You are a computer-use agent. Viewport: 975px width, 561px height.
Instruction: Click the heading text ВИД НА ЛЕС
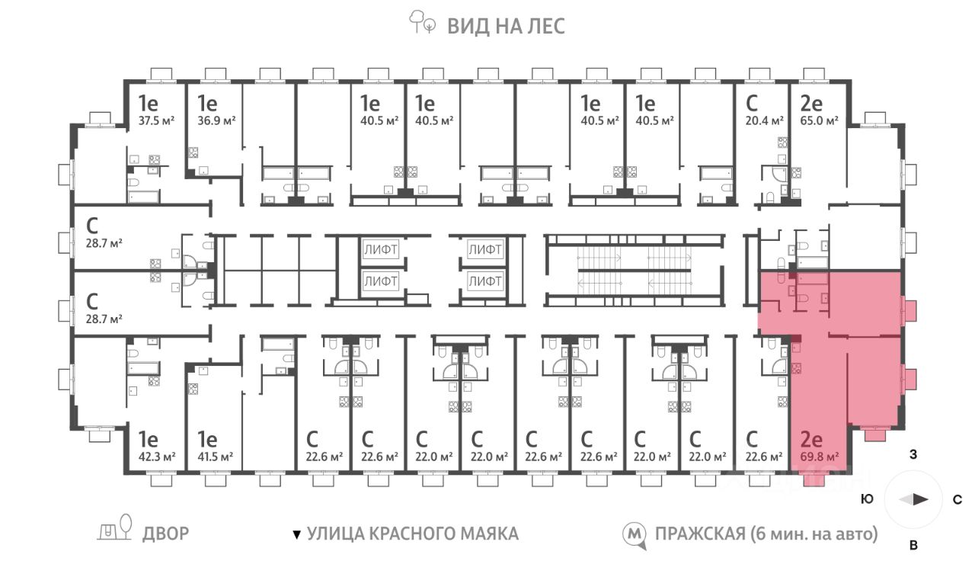(x=507, y=26)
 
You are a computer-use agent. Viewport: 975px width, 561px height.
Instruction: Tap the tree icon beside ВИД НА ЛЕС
(x=421, y=22)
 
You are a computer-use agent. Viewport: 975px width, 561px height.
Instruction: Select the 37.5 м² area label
(x=156, y=120)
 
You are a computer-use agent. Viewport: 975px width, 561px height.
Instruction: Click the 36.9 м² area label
(x=216, y=120)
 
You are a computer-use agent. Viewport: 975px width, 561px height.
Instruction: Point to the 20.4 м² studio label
(x=764, y=120)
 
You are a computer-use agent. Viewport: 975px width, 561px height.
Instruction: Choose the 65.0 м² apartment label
(x=819, y=120)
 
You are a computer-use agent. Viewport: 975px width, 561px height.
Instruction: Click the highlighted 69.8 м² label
(x=820, y=457)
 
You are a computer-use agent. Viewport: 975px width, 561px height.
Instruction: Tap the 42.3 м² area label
(x=157, y=457)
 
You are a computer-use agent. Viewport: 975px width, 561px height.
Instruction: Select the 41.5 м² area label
(x=215, y=457)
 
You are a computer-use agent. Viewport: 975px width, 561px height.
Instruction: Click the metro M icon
(x=635, y=535)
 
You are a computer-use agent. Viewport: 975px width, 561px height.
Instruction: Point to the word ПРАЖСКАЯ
(x=700, y=534)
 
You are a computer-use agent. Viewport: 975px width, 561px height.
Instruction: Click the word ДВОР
(x=166, y=534)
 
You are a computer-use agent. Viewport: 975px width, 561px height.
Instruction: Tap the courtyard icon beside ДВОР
(x=114, y=527)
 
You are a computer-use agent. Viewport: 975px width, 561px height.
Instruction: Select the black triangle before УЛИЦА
(x=297, y=535)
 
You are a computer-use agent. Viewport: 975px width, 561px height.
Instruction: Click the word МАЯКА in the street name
(x=489, y=534)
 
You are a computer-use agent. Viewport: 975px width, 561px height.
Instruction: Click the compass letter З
(x=913, y=455)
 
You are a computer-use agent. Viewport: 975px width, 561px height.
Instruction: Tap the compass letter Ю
(x=867, y=499)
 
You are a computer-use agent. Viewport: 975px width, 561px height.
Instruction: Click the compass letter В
(x=913, y=545)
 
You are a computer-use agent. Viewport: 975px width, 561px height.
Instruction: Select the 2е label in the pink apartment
(x=811, y=440)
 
